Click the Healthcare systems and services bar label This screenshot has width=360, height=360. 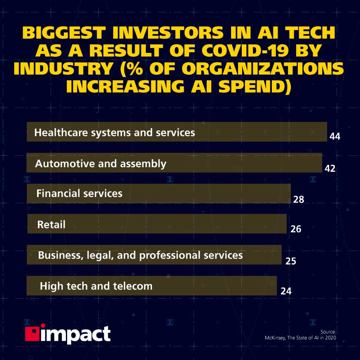(115, 133)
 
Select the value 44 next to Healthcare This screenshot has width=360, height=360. (335, 137)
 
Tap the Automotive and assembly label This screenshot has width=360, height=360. (101, 164)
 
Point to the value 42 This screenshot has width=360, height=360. (330, 168)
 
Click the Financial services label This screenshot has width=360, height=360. (79, 193)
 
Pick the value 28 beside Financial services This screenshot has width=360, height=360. (299, 200)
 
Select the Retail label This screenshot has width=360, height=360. (51, 224)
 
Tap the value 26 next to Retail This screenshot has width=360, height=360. (296, 229)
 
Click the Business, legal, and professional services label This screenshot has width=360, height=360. (140, 255)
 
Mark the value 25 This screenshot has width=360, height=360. (290, 261)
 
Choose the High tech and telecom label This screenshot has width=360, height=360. (96, 286)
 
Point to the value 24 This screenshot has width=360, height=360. (286, 291)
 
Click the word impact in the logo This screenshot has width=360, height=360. (75, 335)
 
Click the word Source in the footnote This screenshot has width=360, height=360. (328, 332)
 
